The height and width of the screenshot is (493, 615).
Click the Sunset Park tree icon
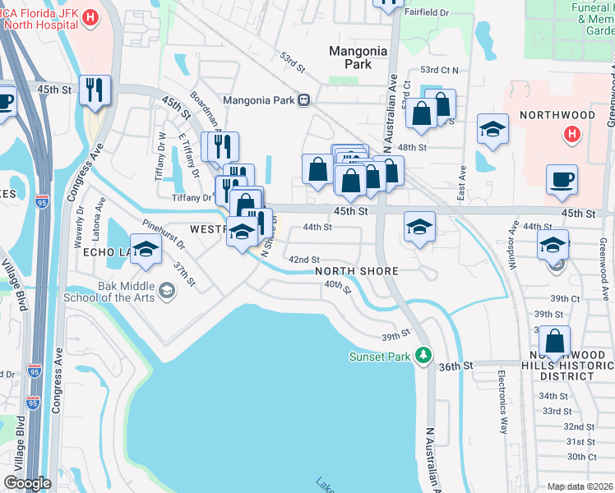[423, 355]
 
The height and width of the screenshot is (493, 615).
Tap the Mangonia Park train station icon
[303, 100]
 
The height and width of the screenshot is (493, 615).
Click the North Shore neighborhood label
[356, 271]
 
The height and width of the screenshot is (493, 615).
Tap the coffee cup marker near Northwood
[562, 180]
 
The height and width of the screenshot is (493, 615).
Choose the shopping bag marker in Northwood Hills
[555, 342]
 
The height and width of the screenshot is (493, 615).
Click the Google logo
[27, 483]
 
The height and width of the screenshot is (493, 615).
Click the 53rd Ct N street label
[439, 71]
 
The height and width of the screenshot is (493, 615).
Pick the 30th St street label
[581, 457]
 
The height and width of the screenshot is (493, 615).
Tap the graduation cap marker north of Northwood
[492, 129]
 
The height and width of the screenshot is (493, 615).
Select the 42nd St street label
[303, 260]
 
